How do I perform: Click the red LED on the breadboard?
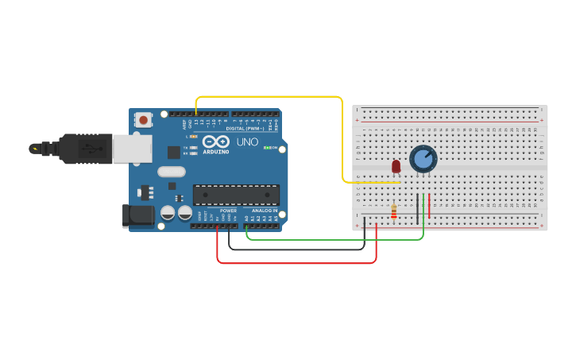click(396, 166)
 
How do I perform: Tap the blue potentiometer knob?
click(423, 159)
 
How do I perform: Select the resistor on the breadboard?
click(393, 211)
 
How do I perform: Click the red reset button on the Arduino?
click(144, 120)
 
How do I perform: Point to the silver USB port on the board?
click(131, 149)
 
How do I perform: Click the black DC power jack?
click(137, 216)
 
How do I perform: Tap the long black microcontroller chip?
click(236, 195)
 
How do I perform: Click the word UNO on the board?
click(247, 141)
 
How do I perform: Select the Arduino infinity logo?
click(215, 141)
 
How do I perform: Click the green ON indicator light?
click(268, 148)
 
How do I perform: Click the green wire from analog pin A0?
click(334, 238)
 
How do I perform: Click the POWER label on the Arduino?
click(228, 211)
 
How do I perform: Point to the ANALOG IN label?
click(265, 211)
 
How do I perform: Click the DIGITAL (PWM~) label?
click(245, 128)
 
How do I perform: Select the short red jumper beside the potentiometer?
click(430, 206)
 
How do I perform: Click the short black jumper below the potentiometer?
click(417, 208)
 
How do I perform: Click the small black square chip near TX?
click(173, 152)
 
